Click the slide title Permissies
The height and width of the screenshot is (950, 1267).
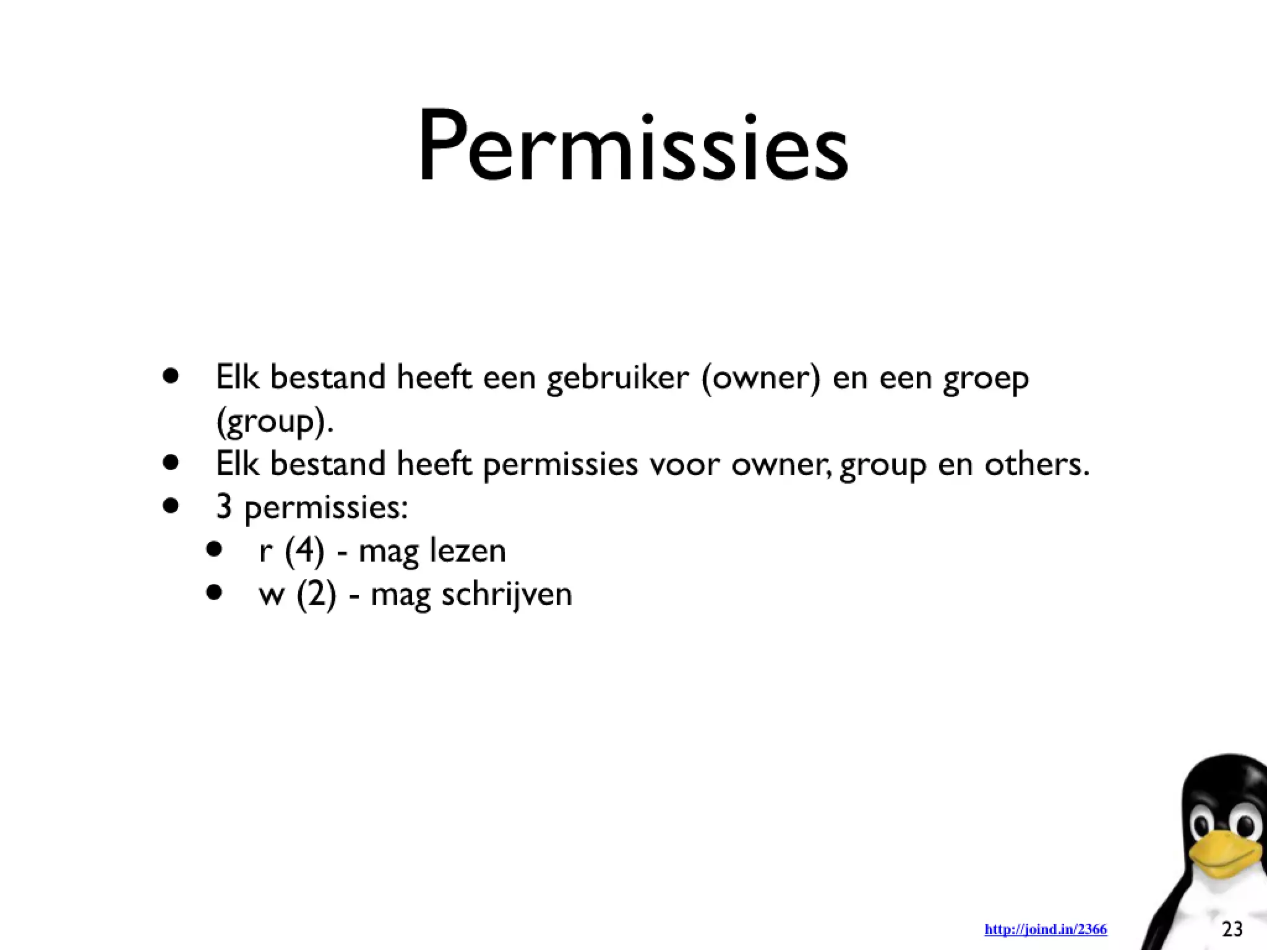[633, 148]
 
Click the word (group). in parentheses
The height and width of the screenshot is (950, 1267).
[275, 422]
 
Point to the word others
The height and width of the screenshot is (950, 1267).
[1037, 464]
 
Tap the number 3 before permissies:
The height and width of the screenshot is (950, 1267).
[224, 507]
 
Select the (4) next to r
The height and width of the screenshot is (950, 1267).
[304, 550]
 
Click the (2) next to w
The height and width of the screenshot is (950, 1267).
[317, 594]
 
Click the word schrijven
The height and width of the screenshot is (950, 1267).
[507, 595]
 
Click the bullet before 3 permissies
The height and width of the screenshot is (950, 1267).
[171, 506]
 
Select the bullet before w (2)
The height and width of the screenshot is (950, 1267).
[214, 593]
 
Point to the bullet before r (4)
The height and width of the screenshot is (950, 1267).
[214, 549]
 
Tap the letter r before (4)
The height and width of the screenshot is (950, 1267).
[266, 552]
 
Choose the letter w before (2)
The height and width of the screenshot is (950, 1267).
[272, 595]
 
